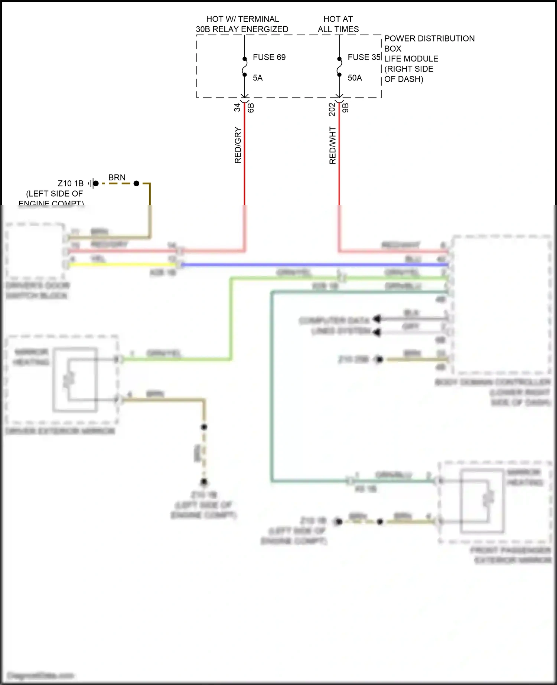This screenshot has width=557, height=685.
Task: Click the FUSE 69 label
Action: [269, 57]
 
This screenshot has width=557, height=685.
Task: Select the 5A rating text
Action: [258, 78]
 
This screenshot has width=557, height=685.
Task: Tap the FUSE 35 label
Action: [364, 57]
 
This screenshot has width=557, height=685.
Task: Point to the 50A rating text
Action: [355, 78]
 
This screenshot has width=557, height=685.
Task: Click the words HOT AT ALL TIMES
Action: [338, 24]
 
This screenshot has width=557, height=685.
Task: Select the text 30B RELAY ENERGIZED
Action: [242, 29]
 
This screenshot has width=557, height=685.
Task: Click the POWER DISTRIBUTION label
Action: [429, 39]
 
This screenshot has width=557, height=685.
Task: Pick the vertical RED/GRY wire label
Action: [238, 145]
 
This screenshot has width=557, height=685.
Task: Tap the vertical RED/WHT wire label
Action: [333, 145]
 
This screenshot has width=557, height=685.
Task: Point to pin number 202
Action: [332, 109]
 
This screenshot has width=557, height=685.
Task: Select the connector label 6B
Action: [251, 108]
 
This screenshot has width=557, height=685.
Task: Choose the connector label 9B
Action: [346, 108]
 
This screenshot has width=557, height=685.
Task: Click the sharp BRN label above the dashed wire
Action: [117, 178]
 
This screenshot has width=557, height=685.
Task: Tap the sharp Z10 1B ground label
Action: [71, 183]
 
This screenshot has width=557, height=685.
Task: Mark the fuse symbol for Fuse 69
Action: [245, 67]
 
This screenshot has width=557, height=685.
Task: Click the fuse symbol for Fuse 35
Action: [339, 67]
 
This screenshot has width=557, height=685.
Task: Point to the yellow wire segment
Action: [123, 265]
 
